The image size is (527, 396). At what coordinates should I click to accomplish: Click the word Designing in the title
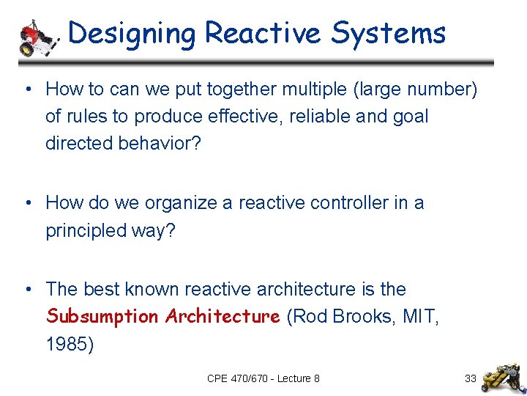(x=132, y=34)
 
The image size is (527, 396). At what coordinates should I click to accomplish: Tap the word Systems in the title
(x=389, y=34)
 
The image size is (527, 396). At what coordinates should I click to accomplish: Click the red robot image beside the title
(x=37, y=37)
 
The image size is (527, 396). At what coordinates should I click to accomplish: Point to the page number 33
(x=471, y=378)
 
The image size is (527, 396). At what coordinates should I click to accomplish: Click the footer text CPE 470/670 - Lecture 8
(x=263, y=378)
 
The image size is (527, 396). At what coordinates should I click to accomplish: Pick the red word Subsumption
(x=102, y=317)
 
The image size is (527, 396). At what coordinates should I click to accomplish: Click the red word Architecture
(x=223, y=317)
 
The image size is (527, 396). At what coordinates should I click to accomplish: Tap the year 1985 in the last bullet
(x=69, y=344)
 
